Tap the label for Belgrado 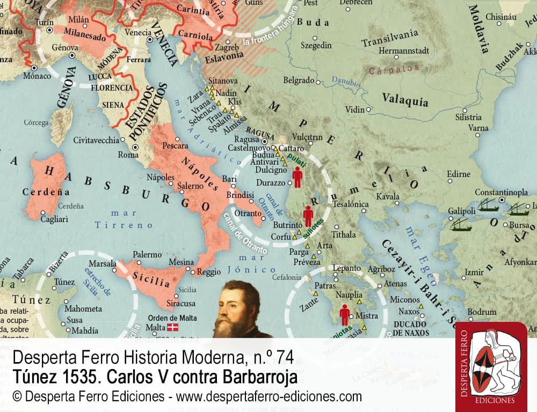[299, 80]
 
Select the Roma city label [128, 154]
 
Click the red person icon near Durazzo [297, 176]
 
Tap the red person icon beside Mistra [344, 314]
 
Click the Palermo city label [147, 254]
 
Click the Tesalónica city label [351, 204]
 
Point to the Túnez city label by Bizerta [64, 282]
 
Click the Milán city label [79, 19]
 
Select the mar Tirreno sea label [124, 219]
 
